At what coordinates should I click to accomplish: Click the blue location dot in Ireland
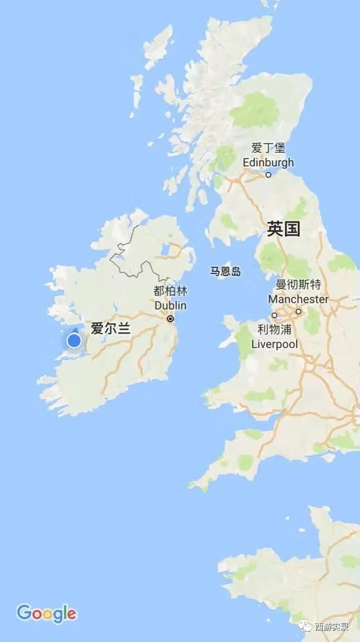(x=74, y=341)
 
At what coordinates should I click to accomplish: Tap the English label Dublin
(x=170, y=305)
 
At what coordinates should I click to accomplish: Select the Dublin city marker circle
(x=170, y=318)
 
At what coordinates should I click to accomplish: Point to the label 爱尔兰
(x=110, y=329)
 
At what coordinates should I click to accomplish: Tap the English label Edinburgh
(x=268, y=163)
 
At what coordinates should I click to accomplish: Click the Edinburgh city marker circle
(x=268, y=175)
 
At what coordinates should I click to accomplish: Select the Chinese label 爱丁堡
(x=268, y=148)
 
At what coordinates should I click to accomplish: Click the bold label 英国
(x=283, y=229)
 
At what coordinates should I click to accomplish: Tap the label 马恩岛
(x=225, y=272)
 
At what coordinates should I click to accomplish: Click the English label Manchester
(x=298, y=299)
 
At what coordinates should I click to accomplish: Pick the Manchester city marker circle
(x=298, y=311)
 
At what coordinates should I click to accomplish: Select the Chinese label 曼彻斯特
(x=298, y=285)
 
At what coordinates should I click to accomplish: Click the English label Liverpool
(x=274, y=344)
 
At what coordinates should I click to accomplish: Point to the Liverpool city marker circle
(x=274, y=315)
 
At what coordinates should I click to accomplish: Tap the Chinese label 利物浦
(x=274, y=330)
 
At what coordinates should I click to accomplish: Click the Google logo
(x=46, y=613)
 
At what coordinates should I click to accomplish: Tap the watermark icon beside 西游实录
(x=305, y=626)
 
